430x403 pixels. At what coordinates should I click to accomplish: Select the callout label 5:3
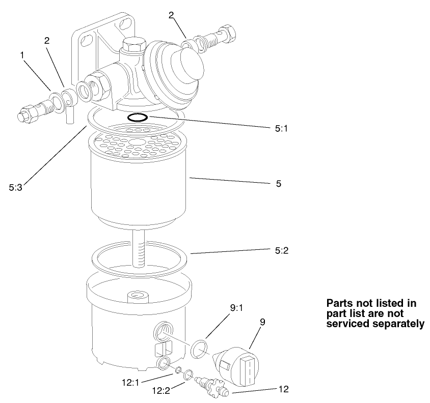(x=16, y=187)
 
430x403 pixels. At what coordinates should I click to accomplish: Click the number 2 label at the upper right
(x=171, y=15)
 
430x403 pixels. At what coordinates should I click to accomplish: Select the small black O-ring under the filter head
(x=138, y=118)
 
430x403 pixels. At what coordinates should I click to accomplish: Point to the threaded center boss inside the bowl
(x=137, y=295)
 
